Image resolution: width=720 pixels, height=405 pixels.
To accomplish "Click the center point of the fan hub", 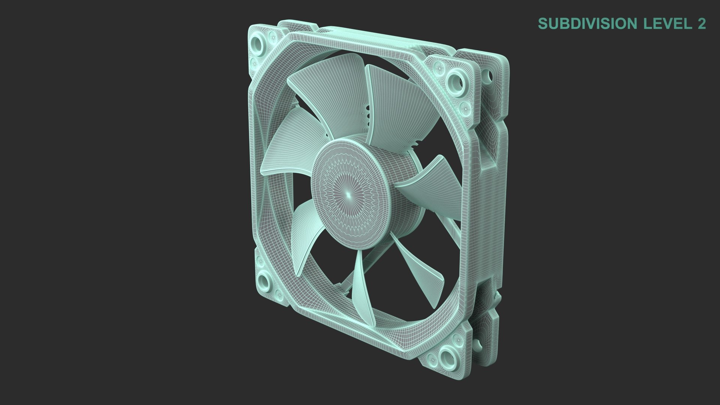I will coord(348,194).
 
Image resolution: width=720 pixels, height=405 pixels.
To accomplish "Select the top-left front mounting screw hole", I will coord(258,40).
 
